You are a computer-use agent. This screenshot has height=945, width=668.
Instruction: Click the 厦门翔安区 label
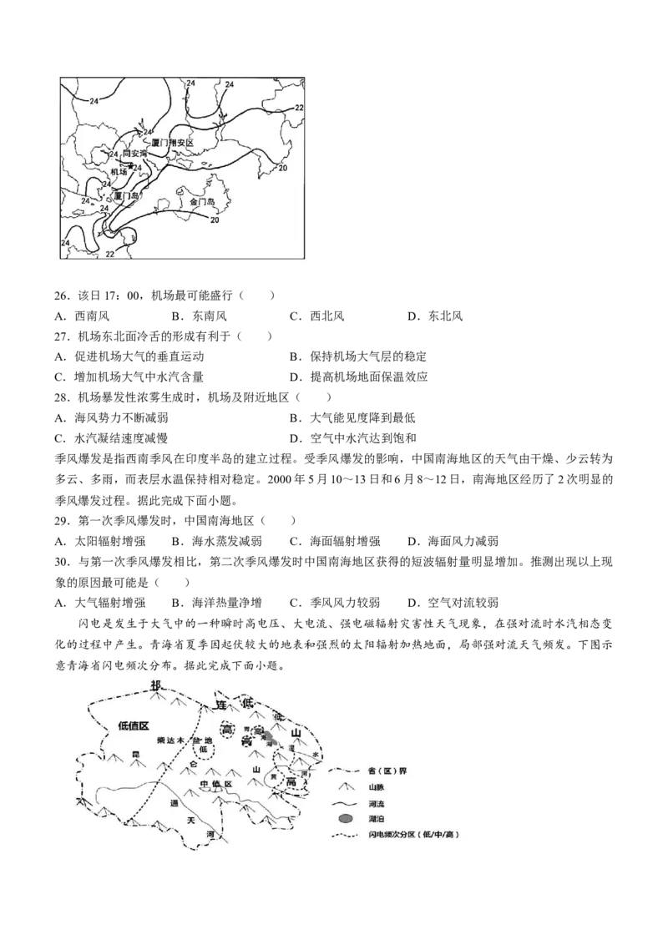pos(172,143)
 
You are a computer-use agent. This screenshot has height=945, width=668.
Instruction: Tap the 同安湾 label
pos(134,154)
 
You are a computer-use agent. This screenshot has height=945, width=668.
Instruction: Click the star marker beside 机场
pos(130,166)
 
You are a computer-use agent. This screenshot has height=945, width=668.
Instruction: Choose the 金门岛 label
pos(203,202)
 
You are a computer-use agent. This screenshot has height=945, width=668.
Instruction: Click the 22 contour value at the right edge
pos(299,108)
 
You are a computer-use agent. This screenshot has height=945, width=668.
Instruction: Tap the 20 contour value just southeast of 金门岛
pos(215,220)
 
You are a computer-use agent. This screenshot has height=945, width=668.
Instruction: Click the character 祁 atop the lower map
pos(155,685)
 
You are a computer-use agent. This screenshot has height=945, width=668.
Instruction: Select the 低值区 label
pos(133,725)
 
